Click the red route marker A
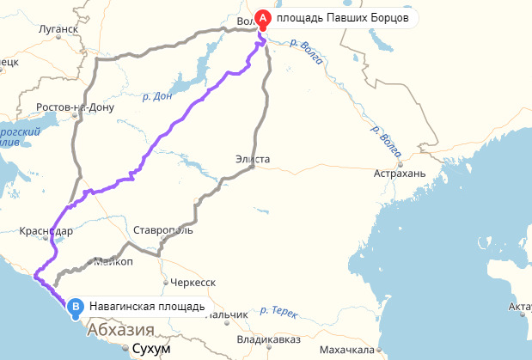tap(264, 17)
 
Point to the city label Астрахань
tap(400, 174)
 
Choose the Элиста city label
tap(253, 159)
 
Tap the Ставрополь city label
tap(163, 230)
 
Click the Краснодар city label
tap(46, 231)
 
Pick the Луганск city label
tap(58, 28)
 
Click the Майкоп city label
tap(113, 261)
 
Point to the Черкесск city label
tap(193, 282)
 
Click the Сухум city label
tap(150, 350)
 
